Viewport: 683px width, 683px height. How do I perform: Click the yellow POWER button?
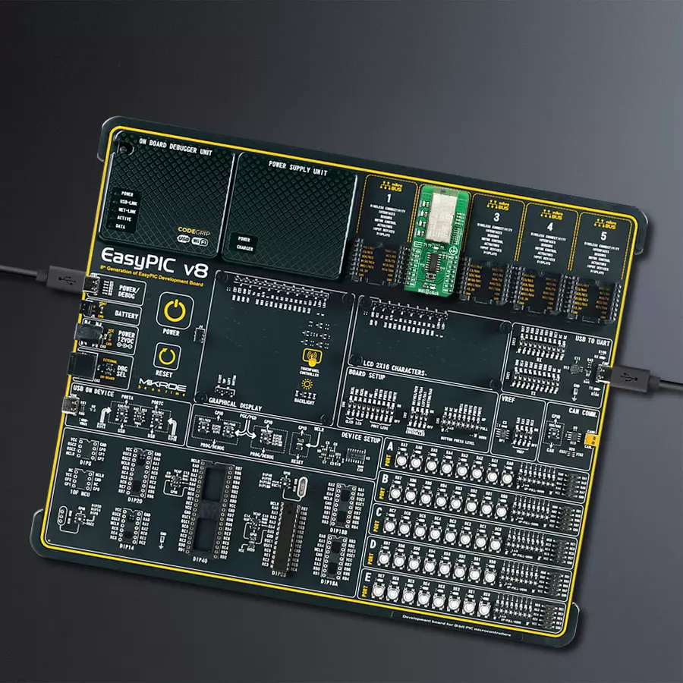click(x=174, y=313)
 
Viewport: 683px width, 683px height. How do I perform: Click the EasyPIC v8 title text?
click(x=154, y=254)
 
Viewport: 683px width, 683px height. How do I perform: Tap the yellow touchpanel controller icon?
click(x=310, y=357)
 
